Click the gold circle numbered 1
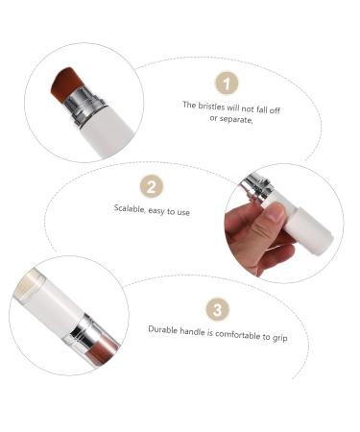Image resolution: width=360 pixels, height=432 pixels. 223,84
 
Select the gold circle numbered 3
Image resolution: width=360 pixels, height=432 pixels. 218,308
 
